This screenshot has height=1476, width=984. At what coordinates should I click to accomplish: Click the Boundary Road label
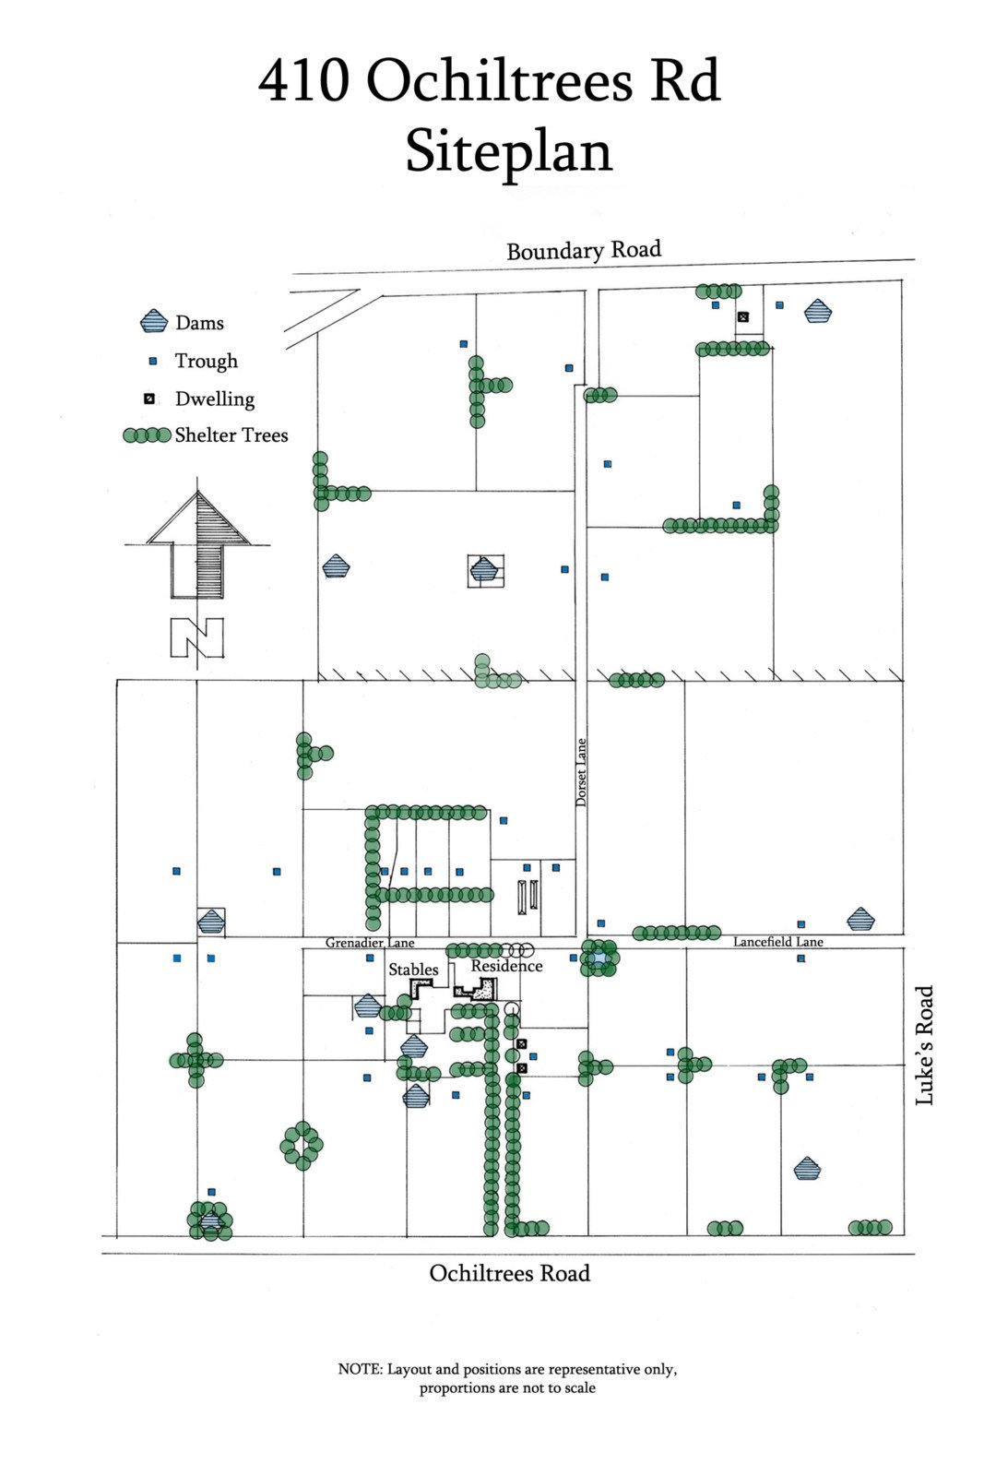[x=583, y=250]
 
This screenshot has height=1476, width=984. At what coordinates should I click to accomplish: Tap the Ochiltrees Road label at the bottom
[x=509, y=1273]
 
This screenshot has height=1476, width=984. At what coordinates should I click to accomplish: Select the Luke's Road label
[x=924, y=1045]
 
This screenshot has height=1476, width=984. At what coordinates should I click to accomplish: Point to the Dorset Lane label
[x=581, y=773]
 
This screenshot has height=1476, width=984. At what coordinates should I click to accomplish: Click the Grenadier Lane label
[x=369, y=943]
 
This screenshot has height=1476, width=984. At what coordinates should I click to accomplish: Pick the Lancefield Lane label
[x=777, y=942]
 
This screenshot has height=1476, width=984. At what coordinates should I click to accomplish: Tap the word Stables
[x=413, y=970]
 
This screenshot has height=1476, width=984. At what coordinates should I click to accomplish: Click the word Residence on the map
[x=506, y=966]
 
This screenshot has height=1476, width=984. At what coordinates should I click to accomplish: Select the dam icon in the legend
[x=153, y=322]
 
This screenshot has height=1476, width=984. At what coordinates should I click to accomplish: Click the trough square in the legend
[x=153, y=361]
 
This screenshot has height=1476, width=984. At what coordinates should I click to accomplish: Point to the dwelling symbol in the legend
[x=148, y=399]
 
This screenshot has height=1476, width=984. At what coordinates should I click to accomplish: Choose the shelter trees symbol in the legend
[x=147, y=435]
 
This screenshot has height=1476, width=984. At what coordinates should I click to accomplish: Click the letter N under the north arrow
[x=196, y=637]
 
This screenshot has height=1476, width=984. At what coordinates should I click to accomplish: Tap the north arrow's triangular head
[x=198, y=518]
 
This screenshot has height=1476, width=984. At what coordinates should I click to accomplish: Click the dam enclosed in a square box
[x=484, y=570]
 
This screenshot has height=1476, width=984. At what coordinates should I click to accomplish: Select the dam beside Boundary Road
[x=817, y=311]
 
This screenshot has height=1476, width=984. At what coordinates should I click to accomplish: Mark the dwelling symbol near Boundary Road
[x=743, y=317]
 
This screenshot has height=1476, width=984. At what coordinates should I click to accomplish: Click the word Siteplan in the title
[x=509, y=152]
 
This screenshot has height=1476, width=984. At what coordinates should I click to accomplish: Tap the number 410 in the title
[x=303, y=81]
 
